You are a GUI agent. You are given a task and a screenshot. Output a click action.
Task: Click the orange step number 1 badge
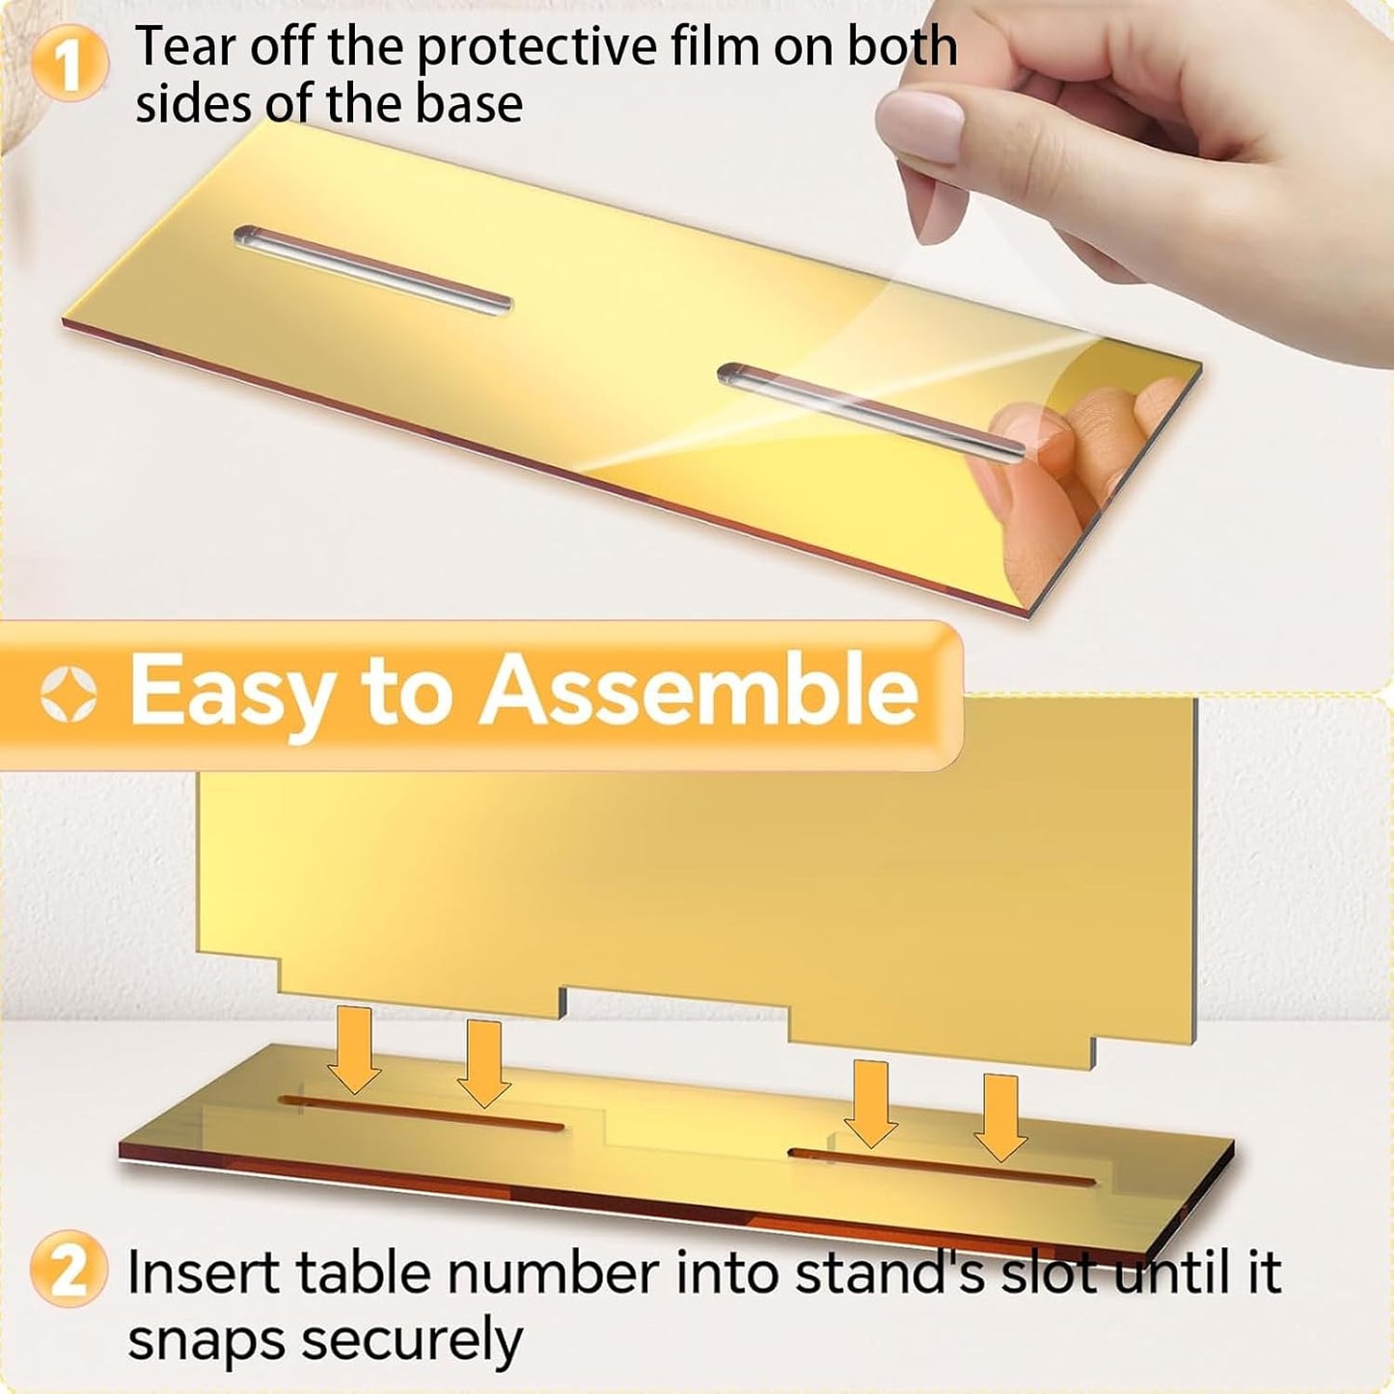click(x=70, y=64)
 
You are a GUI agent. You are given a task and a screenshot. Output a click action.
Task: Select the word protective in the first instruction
click(x=537, y=48)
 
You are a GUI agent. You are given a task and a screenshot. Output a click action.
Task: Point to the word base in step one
click(x=468, y=103)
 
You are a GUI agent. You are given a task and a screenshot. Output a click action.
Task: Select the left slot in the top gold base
click(x=372, y=270)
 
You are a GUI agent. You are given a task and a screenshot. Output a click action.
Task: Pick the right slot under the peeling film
click(x=870, y=412)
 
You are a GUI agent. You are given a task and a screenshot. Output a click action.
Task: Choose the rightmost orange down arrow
click(x=1000, y=1118)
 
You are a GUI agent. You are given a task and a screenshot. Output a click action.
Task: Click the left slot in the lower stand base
click(x=421, y=1112)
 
